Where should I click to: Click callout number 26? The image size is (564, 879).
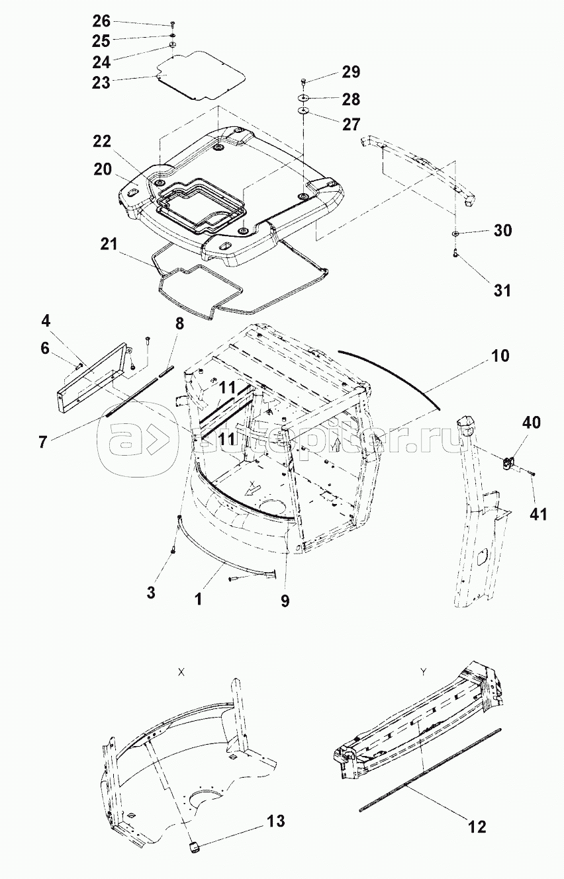(x=101, y=21)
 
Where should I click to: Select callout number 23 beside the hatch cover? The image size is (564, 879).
(x=101, y=83)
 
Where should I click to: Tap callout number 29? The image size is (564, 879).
(x=351, y=72)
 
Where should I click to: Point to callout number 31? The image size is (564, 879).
(x=502, y=290)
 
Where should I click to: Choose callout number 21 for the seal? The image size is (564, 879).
(x=109, y=243)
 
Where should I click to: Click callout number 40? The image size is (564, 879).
(x=532, y=423)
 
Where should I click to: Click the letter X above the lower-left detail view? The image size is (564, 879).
(x=181, y=672)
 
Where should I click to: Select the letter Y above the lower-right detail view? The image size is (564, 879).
(x=423, y=672)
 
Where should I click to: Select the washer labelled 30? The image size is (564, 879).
(x=455, y=234)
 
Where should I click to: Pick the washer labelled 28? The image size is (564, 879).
(x=304, y=97)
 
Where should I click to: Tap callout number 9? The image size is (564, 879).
(x=285, y=601)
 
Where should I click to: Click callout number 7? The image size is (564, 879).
(x=43, y=442)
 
